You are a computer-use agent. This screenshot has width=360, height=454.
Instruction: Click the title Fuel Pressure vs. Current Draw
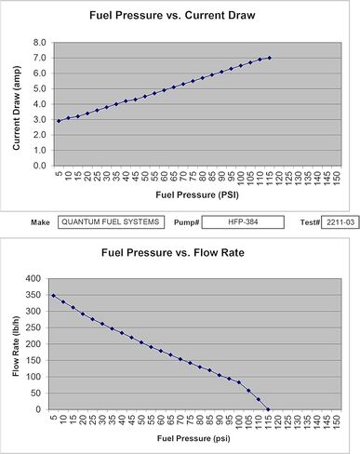(x=172, y=15)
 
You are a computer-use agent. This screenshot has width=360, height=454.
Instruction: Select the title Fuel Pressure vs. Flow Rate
(x=173, y=252)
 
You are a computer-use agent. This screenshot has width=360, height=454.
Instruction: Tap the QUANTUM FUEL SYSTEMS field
(x=111, y=222)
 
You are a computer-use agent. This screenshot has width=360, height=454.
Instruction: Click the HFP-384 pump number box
(x=243, y=222)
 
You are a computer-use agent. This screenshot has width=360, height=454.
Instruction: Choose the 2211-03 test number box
(x=340, y=222)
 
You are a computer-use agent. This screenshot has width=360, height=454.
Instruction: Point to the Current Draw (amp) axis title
(x=17, y=108)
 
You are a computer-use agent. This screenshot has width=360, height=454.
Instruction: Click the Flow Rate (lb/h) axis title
(x=16, y=346)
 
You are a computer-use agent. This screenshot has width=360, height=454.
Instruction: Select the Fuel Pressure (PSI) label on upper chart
(x=197, y=194)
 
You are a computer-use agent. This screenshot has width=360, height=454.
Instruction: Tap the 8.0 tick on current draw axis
(x=40, y=43)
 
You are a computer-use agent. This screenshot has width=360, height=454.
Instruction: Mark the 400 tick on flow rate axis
(x=33, y=278)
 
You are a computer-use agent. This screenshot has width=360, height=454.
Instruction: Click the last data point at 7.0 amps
(x=270, y=58)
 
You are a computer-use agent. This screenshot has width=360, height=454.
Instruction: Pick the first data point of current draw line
(x=59, y=121)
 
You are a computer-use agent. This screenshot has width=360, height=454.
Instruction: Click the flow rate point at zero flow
(x=268, y=409)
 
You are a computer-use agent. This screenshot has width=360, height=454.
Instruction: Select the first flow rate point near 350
(x=53, y=296)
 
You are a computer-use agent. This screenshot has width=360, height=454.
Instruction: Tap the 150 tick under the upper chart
(x=337, y=178)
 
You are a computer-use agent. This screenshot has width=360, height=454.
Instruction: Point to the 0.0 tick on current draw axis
(x=40, y=166)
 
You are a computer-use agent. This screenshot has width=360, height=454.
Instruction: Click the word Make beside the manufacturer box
(x=40, y=222)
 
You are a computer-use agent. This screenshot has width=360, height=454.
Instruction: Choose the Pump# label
(x=186, y=222)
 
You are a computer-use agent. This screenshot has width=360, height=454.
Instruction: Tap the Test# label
(x=310, y=222)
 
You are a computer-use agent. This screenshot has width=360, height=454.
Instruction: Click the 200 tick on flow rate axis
(x=33, y=344)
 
